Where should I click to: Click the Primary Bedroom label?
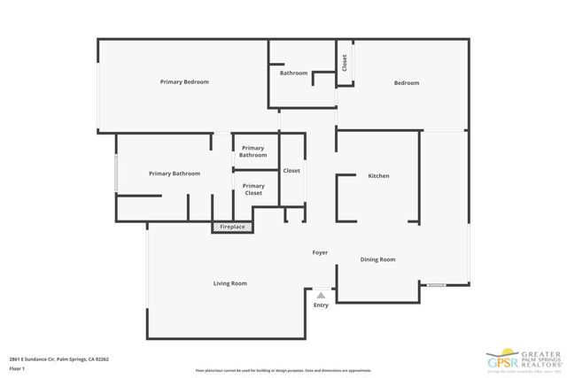tap(184, 82)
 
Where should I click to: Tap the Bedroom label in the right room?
tap(407, 83)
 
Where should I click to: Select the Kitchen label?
tap(378, 176)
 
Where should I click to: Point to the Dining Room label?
tap(377, 259)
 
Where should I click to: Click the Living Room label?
tap(229, 283)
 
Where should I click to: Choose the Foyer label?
tap(320, 252)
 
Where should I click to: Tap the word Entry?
tap(321, 305)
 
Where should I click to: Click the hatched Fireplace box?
tap(232, 228)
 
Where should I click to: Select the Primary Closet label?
tap(253, 189)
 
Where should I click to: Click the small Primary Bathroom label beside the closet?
tap(252, 151)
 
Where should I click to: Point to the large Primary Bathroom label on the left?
tap(175, 174)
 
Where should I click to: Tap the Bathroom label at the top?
tap(293, 73)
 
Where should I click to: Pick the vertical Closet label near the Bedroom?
tap(344, 64)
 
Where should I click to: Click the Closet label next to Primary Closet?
tap(291, 170)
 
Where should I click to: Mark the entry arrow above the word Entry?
tap(321, 295)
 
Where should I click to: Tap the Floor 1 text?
tap(18, 369)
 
